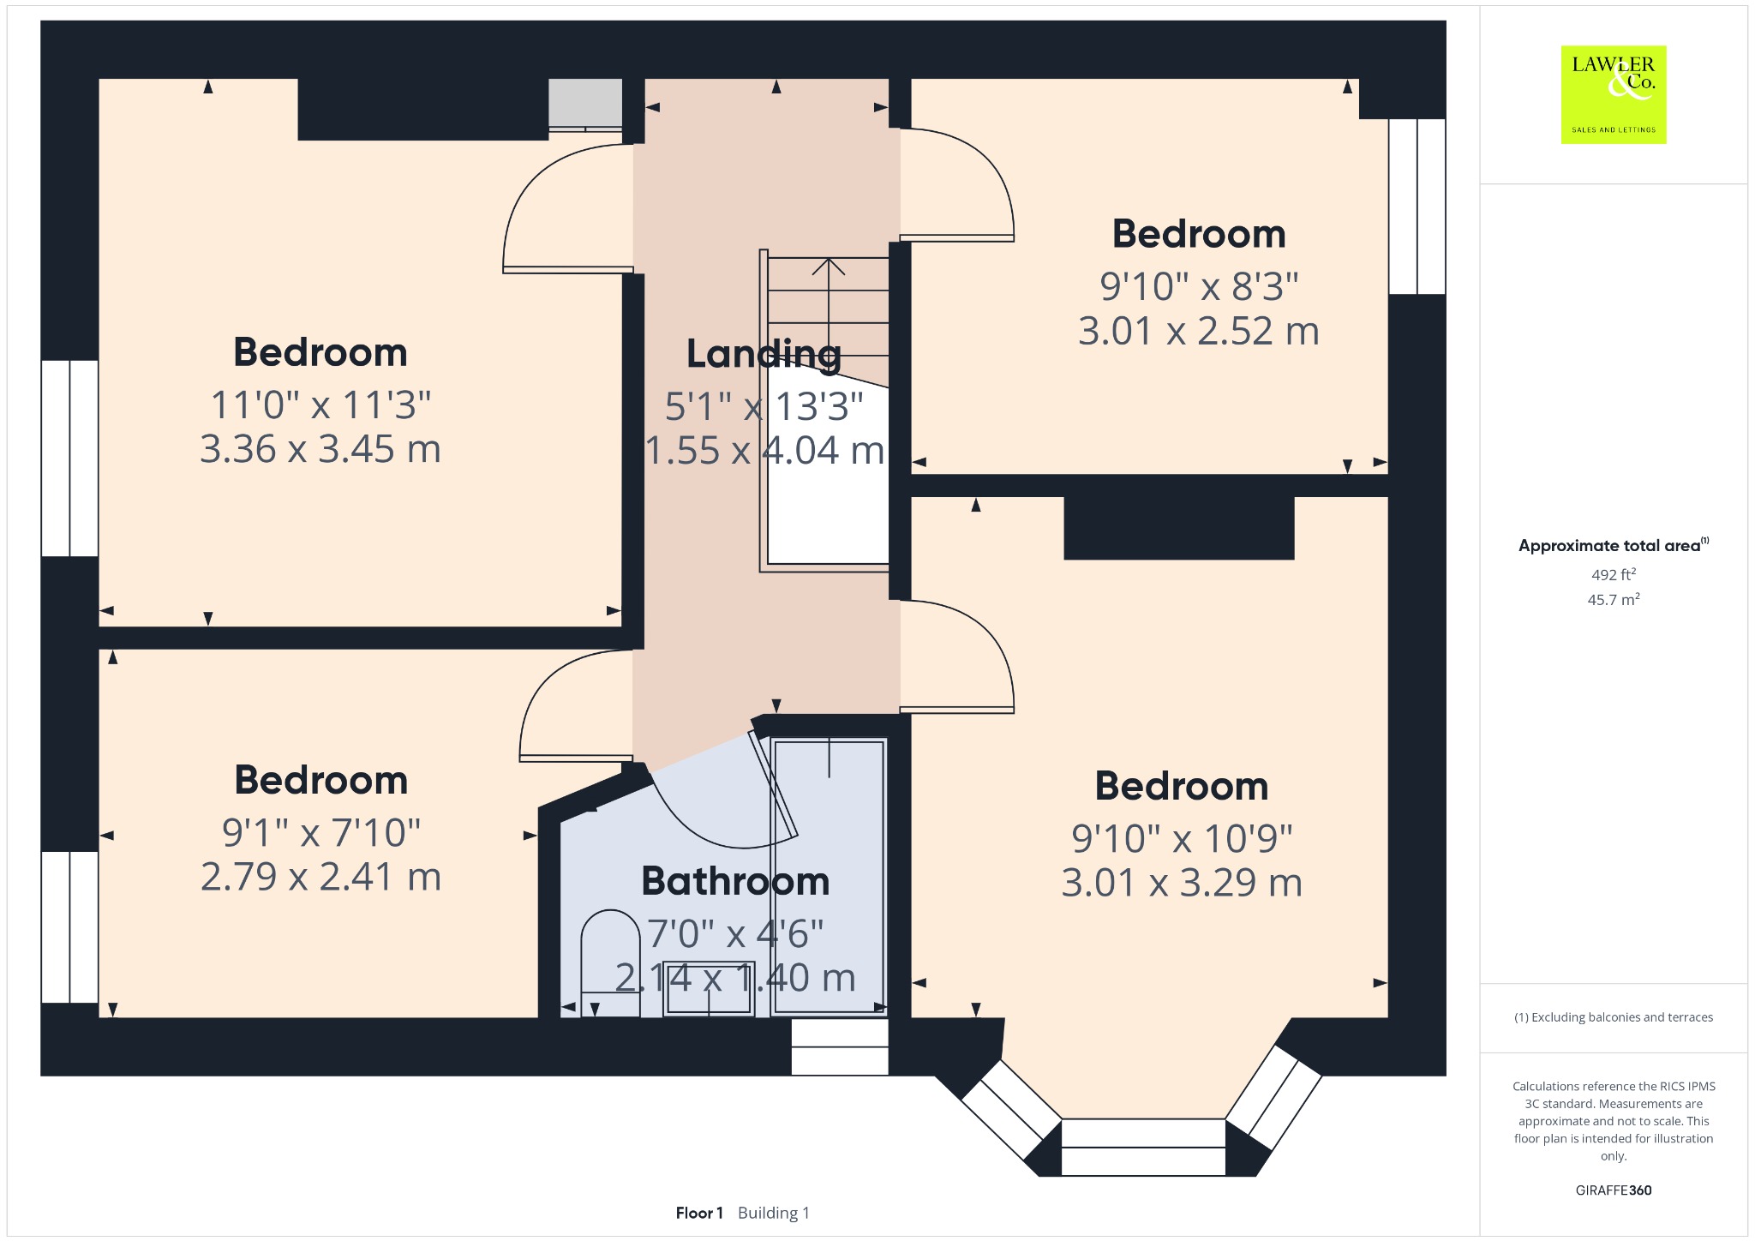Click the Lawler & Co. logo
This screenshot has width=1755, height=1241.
(1614, 94)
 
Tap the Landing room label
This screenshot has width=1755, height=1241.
(764, 354)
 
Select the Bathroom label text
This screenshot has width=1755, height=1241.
(735, 881)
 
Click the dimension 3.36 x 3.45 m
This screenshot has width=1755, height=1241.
(320, 449)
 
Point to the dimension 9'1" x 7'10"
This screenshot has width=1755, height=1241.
(321, 832)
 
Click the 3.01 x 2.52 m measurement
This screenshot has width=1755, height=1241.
(1199, 332)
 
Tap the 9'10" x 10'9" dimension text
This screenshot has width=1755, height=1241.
(1182, 838)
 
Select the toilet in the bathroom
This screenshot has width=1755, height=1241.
(610, 963)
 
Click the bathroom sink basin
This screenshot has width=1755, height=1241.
(709, 988)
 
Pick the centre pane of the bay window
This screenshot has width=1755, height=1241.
(1143, 1147)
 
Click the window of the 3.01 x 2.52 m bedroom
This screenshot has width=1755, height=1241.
(1417, 207)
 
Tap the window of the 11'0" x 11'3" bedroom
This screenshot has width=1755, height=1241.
(69, 459)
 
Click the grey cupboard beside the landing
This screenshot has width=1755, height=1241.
(585, 105)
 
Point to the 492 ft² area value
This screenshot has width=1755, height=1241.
(1614, 574)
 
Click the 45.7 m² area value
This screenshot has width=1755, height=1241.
(1614, 599)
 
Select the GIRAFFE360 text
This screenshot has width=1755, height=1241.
(1614, 1190)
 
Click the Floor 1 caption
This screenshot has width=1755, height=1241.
(699, 1213)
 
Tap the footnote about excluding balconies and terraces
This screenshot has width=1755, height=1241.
(1614, 1017)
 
